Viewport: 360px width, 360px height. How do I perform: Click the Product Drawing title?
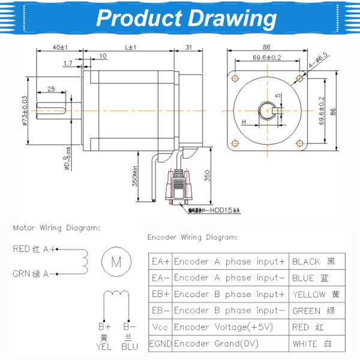(x=186, y=18)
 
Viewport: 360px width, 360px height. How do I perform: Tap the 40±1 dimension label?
(x=59, y=47)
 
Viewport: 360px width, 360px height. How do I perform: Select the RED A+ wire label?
(x=35, y=248)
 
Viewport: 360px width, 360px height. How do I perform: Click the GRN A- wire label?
(x=35, y=274)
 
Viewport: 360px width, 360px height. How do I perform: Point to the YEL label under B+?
(x=104, y=346)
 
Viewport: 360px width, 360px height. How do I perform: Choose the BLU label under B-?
(x=129, y=346)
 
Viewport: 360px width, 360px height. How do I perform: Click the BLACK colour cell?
(x=313, y=262)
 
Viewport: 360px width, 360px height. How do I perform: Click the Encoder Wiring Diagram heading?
(x=193, y=237)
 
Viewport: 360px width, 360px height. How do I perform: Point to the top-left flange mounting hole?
(x=236, y=78)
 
